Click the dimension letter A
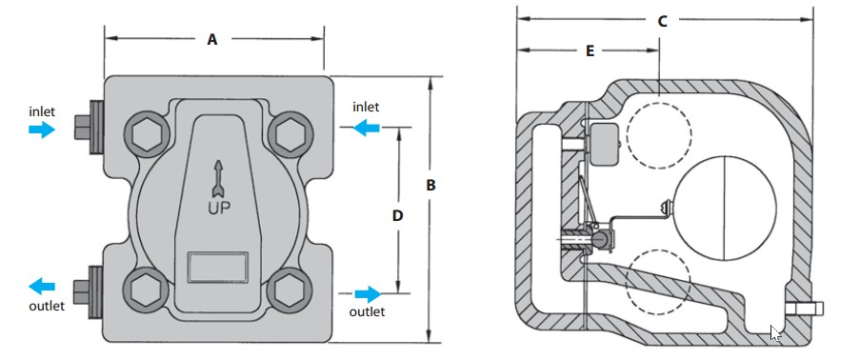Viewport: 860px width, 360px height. [x=212, y=39]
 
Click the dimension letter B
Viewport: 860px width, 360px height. [x=431, y=186]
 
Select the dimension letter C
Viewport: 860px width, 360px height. [x=663, y=21]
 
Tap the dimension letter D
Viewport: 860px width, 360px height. [x=398, y=215]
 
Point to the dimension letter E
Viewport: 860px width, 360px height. [x=590, y=51]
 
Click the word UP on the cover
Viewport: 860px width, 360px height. [x=219, y=208]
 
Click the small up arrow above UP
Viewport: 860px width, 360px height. [x=218, y=178]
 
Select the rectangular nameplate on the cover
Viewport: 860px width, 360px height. [x=218, y=268]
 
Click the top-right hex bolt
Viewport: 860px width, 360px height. [x=290, y=134]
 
